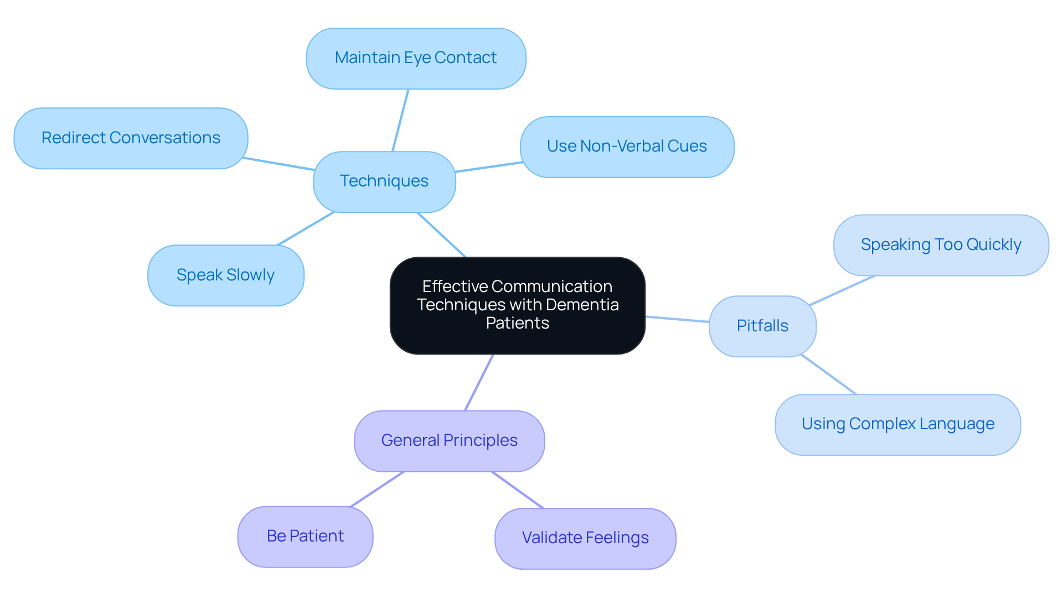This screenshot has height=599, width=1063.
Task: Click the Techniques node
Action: [x=384, y=181]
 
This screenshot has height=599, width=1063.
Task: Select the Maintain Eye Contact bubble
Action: [x=416, y=58]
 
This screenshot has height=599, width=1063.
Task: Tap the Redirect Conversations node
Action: [x=131, y=138]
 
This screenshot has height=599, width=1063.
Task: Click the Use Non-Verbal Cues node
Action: [x=627, y=147]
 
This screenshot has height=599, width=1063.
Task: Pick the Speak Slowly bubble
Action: [x=225, y=275]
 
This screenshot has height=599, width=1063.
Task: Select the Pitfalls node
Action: [x=762, y=326]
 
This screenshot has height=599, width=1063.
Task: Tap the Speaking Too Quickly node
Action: [x=941, y=245]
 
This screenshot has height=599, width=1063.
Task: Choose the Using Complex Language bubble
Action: [x=897, y=424]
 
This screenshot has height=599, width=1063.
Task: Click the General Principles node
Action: [x=449, y=441]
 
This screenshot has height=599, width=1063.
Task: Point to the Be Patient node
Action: [x=305, y=537]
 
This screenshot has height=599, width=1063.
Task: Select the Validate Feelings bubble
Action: [x=585, y=538]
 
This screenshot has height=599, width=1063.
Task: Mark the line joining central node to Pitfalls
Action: [x=677, y=319]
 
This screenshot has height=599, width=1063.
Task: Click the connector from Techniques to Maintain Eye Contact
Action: [x=400, y=120]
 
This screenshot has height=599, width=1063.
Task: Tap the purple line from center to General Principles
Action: [x=479, y=382]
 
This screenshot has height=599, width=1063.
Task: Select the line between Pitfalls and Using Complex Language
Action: [x=828, y=374]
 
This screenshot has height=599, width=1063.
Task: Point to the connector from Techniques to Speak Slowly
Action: [x=306, y=228]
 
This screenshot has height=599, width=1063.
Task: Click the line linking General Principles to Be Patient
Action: [x=377, y=489]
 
